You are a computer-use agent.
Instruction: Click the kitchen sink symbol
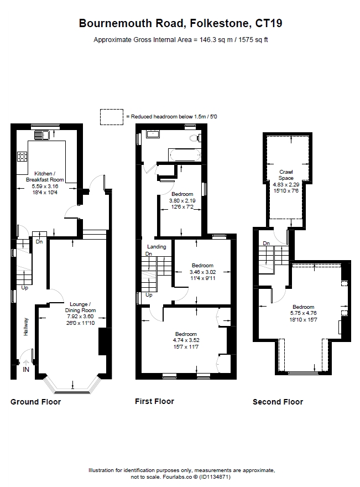pos(41,135)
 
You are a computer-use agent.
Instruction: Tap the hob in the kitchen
pos(22,157)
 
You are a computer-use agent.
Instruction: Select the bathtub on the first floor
pos(184,155)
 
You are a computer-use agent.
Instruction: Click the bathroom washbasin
pos(153,134)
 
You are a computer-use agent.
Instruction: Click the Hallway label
pos(26,327)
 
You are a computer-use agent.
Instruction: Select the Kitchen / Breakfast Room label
pos(45,177)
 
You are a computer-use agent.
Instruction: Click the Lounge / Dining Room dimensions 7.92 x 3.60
pos(80,317)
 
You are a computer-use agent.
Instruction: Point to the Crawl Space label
pos(286,175)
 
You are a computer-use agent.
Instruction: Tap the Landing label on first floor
pos(156,247)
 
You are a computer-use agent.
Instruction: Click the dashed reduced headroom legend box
pos(112,117)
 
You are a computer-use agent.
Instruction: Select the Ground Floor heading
pos(36,402)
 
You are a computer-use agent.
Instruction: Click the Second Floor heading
pos(278,402)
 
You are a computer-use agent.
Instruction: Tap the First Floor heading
pos(154,401)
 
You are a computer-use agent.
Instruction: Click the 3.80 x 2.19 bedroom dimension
pos(182,201)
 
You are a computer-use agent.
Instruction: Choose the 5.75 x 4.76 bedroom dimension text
pos(303,313)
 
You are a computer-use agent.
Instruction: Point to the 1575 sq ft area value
pos(253,40)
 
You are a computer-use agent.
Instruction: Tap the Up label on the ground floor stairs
pos(25,288)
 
